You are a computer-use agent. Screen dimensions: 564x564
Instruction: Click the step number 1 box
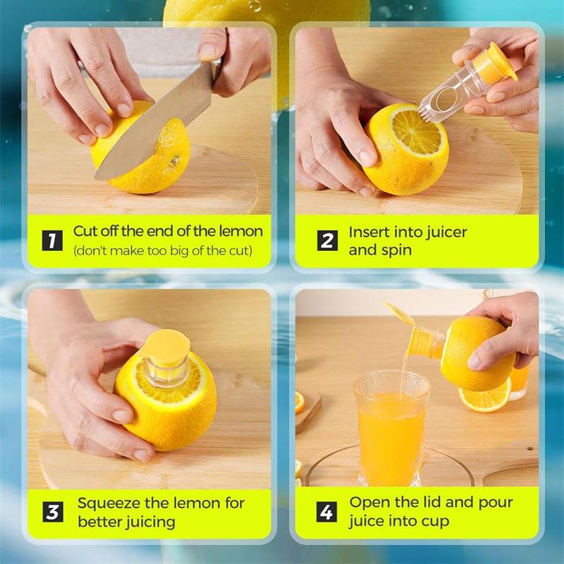pyautogui.click(x=52, y=240)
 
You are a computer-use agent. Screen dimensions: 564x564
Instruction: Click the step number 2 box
pyautogui.click(x=326, y=240)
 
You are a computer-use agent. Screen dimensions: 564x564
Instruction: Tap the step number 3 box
pyautogui.click(x=52, y=513)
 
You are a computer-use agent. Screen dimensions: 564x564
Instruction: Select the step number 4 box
pyautogui.click(x=326, y=512)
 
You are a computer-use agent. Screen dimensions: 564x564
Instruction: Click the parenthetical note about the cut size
pyautogui.click(x=162, y=250)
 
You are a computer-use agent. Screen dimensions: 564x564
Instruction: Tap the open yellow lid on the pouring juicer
pyautogui.click(x=400, y=314)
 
